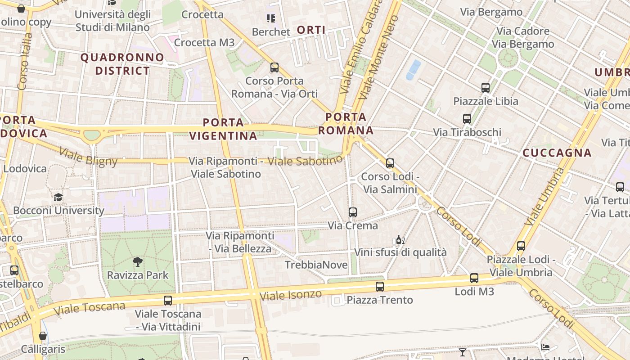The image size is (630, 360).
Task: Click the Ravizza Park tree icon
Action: point(138,262)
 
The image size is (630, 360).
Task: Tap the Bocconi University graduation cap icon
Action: point(58,197)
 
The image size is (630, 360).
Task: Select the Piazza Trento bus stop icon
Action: point(380,286)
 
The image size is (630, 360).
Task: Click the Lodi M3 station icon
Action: point(474,278)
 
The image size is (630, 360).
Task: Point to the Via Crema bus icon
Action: point(353,212)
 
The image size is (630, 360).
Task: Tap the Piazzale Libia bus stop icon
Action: point(485,88)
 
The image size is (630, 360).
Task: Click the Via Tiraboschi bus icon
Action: point(467,119)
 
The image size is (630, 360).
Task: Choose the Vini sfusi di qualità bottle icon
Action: point(400,239)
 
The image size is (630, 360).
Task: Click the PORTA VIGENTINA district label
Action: point(223,129)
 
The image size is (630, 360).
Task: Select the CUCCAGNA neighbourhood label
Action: point(557,153)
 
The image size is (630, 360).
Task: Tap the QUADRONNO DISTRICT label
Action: point(122,64)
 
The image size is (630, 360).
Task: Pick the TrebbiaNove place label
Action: point(316,265)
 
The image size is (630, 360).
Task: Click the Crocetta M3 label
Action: point(204,42)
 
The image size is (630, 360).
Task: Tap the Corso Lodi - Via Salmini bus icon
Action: point(390,163)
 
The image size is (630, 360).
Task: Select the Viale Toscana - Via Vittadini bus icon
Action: point(168,300)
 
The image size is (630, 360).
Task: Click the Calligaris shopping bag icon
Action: point(43,336)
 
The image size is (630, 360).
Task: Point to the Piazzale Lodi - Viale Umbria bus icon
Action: point(521,246)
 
